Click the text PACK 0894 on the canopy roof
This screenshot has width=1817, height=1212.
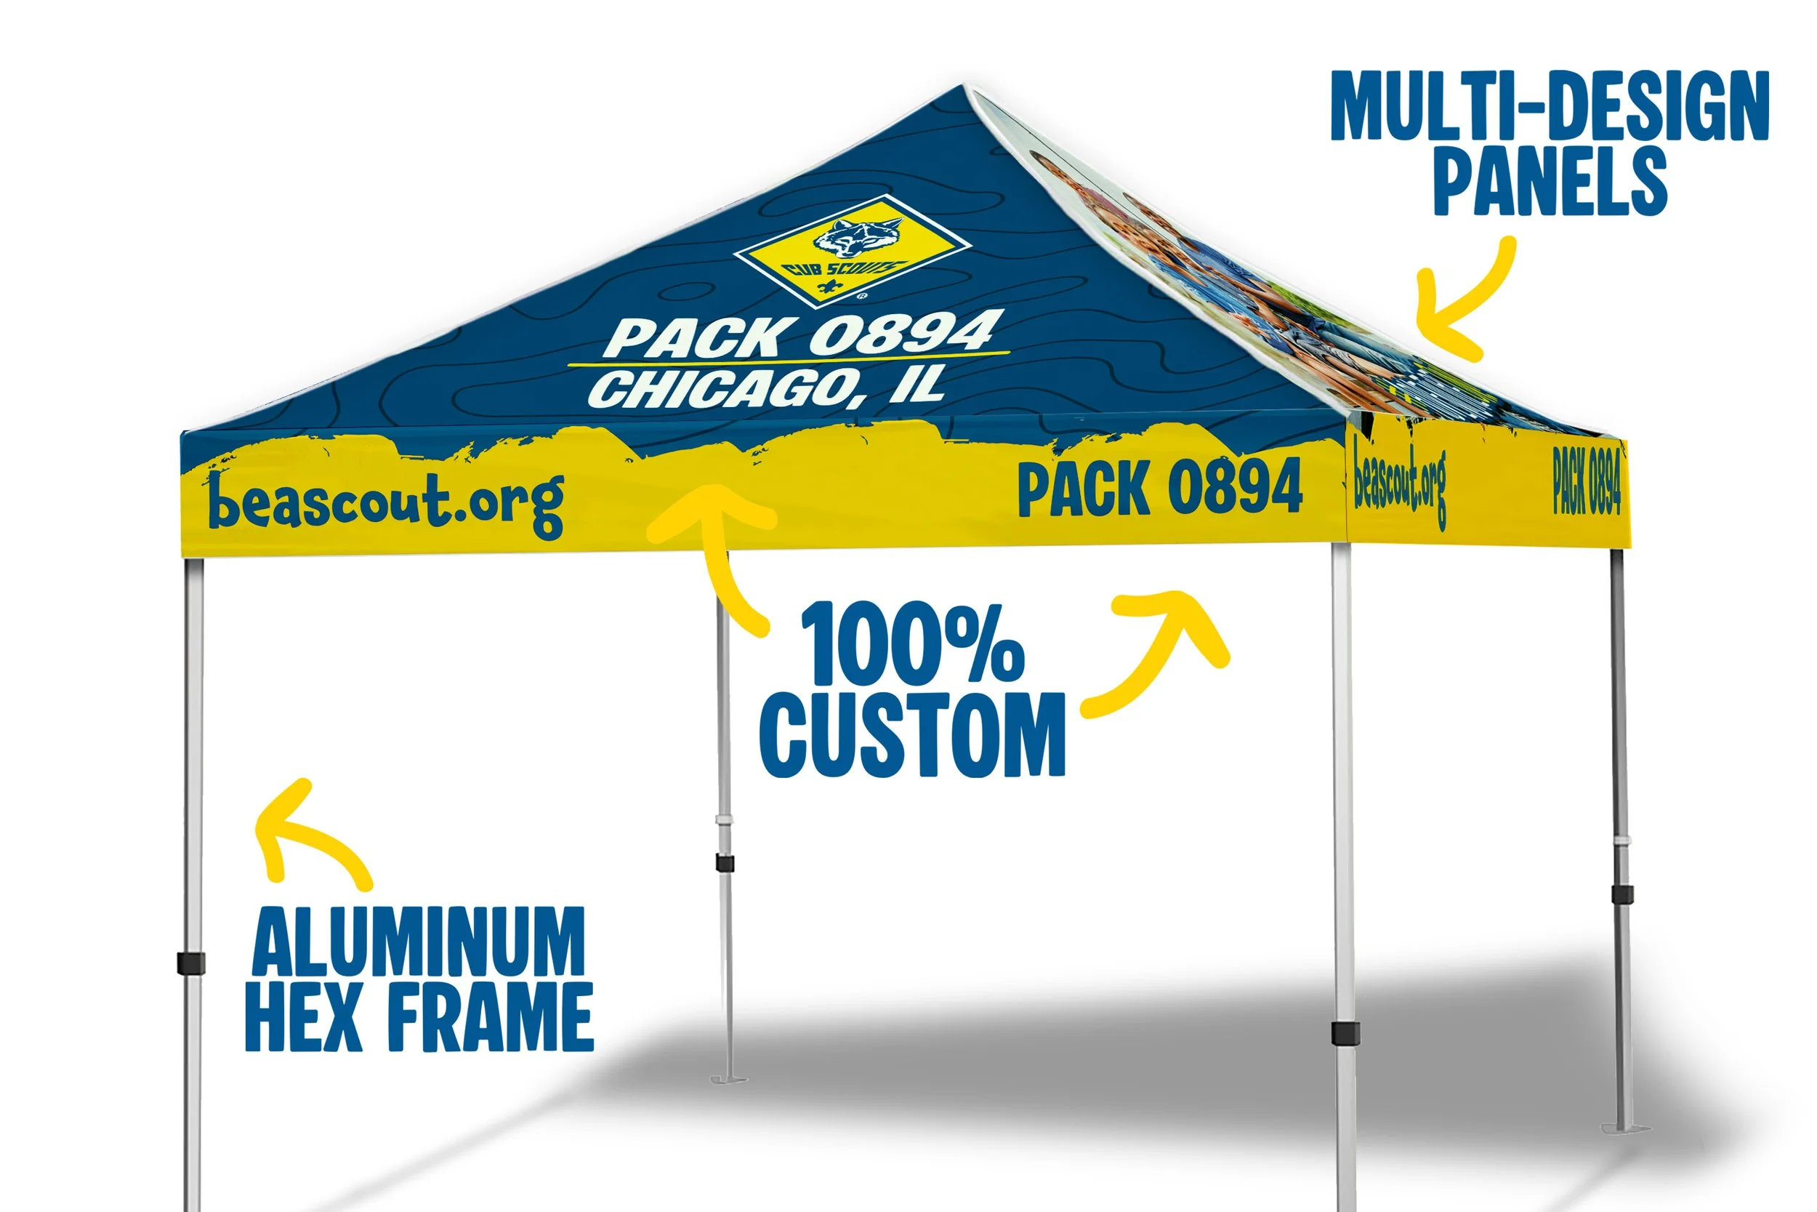[x=803, y=334]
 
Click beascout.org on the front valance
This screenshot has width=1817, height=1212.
[x=386, y=502]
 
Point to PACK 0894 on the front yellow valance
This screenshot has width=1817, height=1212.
[x=1159, y=487]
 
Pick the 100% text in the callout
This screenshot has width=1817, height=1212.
[x=911, y=643]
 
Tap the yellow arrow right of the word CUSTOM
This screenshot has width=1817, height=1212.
[x=1159, y=649]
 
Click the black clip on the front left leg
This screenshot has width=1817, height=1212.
[x=191, y=963]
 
